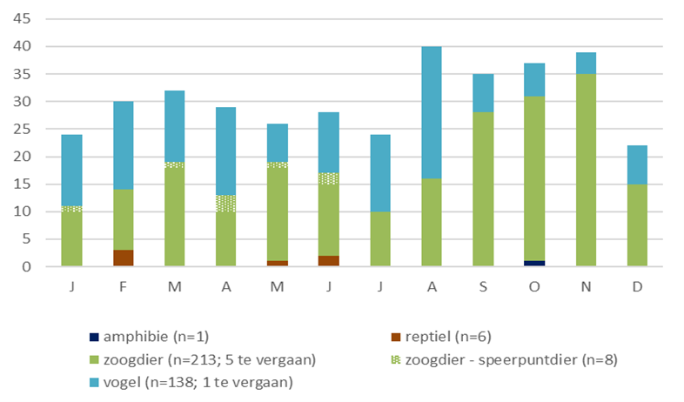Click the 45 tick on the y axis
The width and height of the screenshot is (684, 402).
(x=23, y=18)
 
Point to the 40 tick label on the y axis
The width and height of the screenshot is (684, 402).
(x=23, y=46)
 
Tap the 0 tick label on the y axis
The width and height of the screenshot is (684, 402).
(x=27, y=267)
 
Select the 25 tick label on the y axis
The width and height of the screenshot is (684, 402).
(x=23, y=129)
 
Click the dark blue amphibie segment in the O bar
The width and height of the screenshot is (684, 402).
(x=533, y=264)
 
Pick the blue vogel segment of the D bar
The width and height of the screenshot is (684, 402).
(x=637, y=164)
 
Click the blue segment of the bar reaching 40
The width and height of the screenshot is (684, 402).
(x=431, y=112)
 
